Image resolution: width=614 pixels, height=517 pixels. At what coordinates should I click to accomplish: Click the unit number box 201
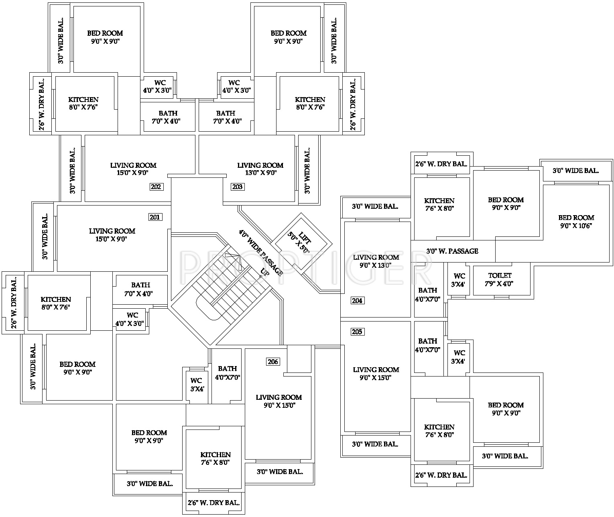tap(155, 217)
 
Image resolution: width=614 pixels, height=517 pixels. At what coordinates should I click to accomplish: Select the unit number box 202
tap(156, 187)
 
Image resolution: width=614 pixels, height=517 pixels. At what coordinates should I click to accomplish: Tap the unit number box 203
tap(238, 187)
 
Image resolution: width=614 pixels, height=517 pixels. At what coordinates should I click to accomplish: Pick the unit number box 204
tap(357, 301)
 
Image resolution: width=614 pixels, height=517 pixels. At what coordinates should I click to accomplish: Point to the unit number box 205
tap(357, 332)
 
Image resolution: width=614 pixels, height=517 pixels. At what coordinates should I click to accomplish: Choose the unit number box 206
tap(272, 362)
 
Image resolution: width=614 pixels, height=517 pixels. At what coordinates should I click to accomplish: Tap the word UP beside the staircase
tap(264, 272)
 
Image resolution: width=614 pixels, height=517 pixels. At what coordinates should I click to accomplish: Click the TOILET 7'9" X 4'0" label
tap(500, 279)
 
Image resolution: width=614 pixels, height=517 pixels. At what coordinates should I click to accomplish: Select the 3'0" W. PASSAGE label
tap(452, 251)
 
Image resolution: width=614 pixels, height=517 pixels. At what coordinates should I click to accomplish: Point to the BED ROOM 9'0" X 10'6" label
tap(576, 221)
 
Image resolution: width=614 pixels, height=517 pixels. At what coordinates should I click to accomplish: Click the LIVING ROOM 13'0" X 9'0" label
tap(260, 169)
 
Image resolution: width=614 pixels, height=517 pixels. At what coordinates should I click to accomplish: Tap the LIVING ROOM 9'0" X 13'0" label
tap(376, 261)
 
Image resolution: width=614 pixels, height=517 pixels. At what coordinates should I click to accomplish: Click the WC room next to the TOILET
tap(459, 280)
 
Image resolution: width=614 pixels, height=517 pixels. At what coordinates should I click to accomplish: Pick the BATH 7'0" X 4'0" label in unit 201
tap(140, 289)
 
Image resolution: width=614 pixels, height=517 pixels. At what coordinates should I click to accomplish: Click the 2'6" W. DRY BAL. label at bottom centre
tap(214, 503)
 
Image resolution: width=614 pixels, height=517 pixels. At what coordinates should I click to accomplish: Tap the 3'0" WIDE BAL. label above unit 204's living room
tap(375, 206)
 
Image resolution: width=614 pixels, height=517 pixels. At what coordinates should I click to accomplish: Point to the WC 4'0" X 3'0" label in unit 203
tap(237, 87)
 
